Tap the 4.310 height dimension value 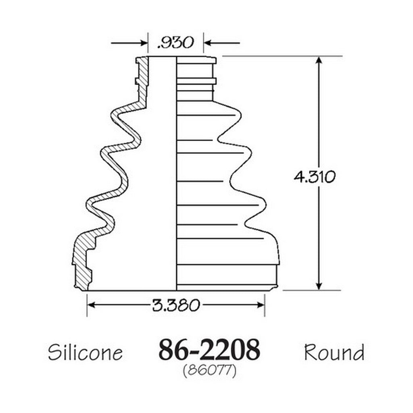point(315,177)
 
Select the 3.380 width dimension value point(176,305)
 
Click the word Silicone point(86,352)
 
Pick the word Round point(334,352)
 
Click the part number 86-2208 point(209,350)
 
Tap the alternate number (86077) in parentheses point(209,371)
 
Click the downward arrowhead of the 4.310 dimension point(319,286)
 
